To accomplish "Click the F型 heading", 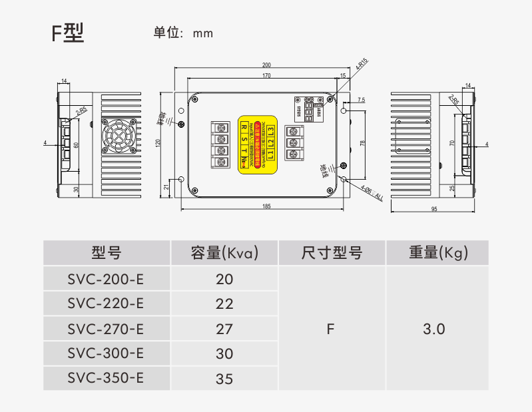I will tap(68, 33).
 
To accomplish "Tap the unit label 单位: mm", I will tap(183, 33).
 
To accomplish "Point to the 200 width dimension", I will tap(266, 65).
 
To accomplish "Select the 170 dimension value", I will tap(266, 76).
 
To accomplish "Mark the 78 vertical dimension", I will tap(362, 143).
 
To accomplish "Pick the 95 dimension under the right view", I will tap(433, 210).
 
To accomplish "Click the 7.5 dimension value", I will tap(361, 100).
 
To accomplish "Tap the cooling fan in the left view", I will tap(121, 136).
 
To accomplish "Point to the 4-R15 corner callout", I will tap(362, 65).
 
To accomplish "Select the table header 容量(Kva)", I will tap(224, 253).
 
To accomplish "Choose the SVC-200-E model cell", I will tap(106, 279).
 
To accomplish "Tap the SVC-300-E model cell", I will tap(106, 353).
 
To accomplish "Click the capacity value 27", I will tap(224, 329).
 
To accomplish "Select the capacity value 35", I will tap(224, 379).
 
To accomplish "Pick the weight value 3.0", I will tap(433, 329).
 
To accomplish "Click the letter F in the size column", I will tap(330, 329).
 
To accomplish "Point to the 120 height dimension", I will tap(158, 142).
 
